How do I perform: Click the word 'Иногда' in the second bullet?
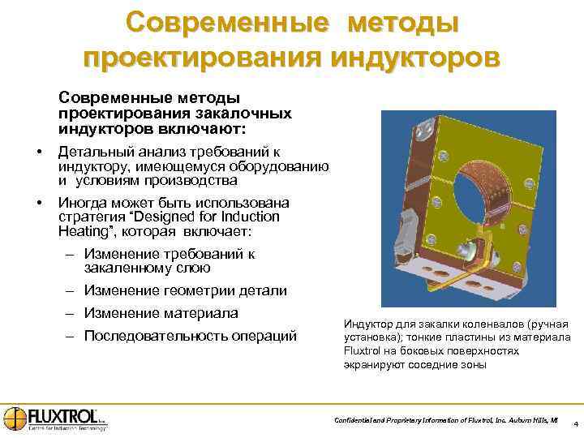click(82, 203)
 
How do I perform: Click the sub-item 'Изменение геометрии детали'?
click(185, 290)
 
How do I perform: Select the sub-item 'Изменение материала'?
click(161, 313)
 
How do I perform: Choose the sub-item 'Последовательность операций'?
click(190, 336)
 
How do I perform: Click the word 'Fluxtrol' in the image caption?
click(367, 350)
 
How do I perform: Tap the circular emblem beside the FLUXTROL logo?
click(14, 416)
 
